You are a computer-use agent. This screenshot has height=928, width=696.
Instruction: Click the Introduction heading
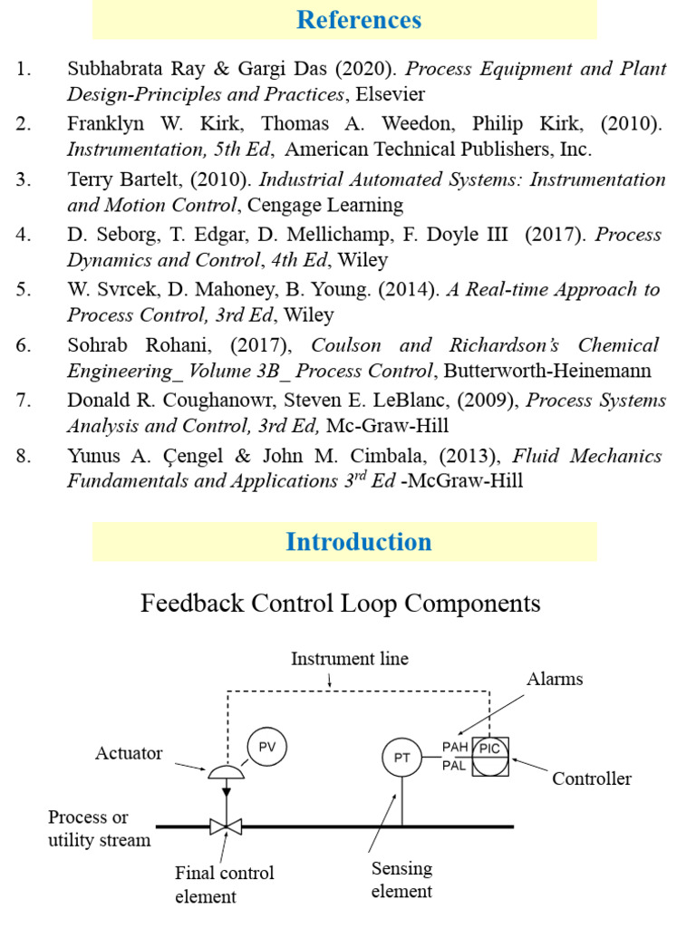pos(359,542)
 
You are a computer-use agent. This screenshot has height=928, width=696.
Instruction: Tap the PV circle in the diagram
pos(266,746)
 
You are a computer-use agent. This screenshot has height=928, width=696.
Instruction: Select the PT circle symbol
pos(402,758)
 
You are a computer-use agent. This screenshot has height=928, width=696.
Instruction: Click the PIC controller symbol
pos(490,758)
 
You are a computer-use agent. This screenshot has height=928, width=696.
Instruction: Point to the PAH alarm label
pos(456,748)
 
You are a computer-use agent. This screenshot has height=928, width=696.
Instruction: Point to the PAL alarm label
pos(456,767)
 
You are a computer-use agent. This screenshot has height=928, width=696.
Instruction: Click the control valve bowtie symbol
pos(221,826)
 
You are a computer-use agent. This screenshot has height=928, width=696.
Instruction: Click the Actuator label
pos(129,753)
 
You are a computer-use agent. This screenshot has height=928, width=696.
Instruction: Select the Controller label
pos(592,778)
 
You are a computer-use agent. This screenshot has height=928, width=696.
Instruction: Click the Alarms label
pos(555,679)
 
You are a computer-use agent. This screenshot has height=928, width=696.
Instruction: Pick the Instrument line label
pos(349,659)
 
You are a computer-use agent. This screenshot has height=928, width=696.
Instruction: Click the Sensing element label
pos(401,879)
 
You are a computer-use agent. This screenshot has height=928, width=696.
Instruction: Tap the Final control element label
pos(224,884)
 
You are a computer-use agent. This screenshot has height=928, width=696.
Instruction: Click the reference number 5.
pos(23,290)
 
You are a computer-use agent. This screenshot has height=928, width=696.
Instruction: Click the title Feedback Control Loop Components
pos(341,604)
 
